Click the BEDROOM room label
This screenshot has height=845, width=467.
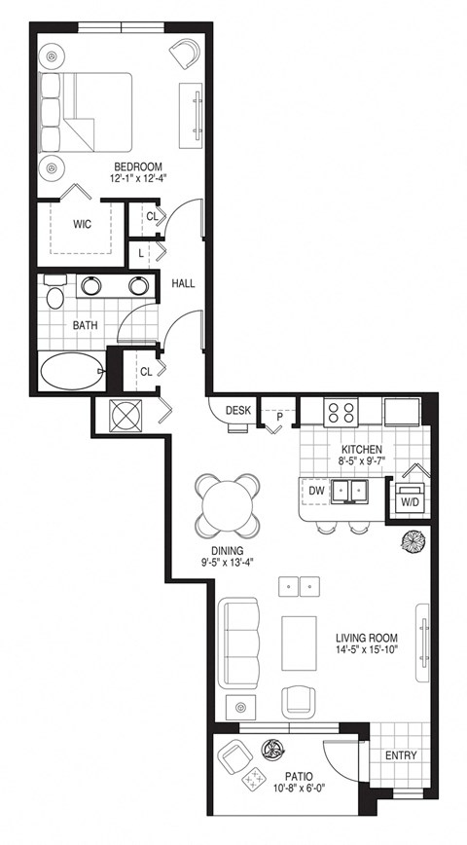coord(137,166)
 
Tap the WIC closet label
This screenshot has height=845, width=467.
coord(83,224)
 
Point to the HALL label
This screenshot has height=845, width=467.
coord(183,283)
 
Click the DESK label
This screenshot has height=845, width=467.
coord(238,411)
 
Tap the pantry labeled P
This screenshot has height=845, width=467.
coord(278,416)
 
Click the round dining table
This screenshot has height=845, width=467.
coord(227,505)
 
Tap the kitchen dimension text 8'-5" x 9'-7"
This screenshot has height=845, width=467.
coord(360,463)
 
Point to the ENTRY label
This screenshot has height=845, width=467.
coord(400,754)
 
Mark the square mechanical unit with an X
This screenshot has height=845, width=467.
coord(126,415)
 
